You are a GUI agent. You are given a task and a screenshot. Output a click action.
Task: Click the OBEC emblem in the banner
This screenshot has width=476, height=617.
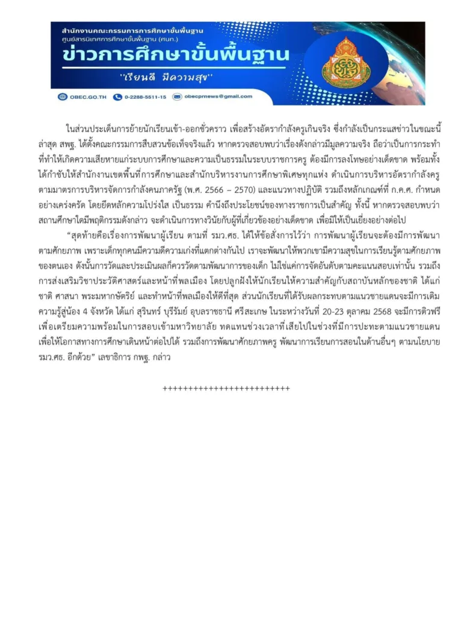346,61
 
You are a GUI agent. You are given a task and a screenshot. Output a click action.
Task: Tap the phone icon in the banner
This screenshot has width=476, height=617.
117,97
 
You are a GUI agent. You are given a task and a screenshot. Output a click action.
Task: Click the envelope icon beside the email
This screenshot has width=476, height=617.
177,96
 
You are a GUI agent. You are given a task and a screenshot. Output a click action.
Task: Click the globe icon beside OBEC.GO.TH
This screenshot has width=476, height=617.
63,97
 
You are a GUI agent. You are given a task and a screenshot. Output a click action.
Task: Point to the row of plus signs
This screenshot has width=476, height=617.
226,389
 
